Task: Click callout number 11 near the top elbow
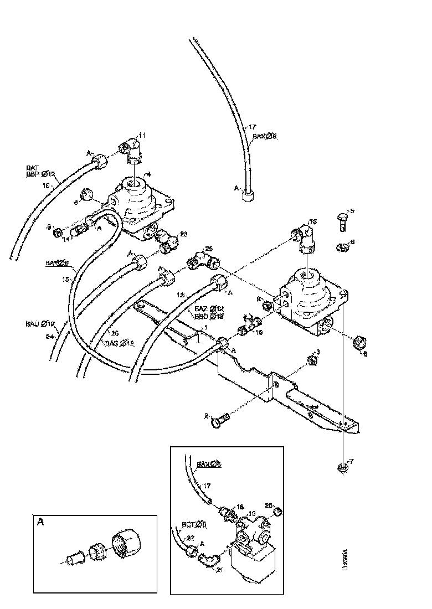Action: pyautogui.click(x=142, y=135)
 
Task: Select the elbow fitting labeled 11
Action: pyautogui.click(x=134, y=151)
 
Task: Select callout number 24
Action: pyautogui.click(x=50, y=336)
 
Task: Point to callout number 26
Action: pyautogui.click(x=114, y=333)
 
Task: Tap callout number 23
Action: pyautogui.click(x=184, y=233)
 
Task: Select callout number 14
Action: pyautogui.click(x=65, y=239)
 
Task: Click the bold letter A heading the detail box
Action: pyautogui.click(x=40, y=522)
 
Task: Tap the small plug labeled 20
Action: pyautogui.click(x=277, y=510)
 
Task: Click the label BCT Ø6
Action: pyautogui.click(x=191, y=523)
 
